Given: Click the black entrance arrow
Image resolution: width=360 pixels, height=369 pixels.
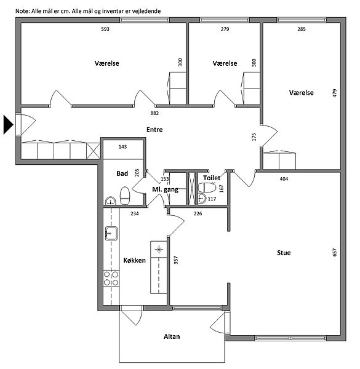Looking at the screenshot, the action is tap(8, 125).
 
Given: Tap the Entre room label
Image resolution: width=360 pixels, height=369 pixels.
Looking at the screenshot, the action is tap(154, 130).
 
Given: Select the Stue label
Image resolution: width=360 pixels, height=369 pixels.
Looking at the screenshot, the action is tap(284, 253).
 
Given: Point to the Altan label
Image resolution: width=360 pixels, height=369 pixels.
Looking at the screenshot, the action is tap(172, 336).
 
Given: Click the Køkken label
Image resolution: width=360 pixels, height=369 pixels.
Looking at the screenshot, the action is tap(134, 260).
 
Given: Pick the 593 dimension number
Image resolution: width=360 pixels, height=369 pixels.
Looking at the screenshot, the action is tap(105, 29).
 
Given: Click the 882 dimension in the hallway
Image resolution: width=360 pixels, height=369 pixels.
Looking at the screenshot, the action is tap(154, 113).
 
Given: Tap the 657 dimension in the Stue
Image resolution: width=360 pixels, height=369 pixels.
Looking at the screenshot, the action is tap(335, 252).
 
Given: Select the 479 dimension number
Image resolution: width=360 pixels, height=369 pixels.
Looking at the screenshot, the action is tap(335, 93).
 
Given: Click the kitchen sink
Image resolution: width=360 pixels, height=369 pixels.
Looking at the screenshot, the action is tap(111, 233).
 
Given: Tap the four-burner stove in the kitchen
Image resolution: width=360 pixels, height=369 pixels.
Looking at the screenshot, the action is tap(111, 279).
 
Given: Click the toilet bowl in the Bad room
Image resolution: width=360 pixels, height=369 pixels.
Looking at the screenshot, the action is tap(125, 196).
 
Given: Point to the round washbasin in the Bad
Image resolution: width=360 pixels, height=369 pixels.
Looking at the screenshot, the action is tap(110, 200).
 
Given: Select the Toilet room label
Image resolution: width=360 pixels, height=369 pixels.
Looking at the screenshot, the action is tap(212, 178).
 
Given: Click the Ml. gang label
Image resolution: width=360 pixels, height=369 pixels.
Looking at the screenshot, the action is tap(166, 189).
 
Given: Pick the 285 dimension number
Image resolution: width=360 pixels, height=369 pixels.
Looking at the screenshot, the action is tap(302, 29).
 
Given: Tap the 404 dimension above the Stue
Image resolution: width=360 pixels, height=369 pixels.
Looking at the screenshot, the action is tap(284, 179).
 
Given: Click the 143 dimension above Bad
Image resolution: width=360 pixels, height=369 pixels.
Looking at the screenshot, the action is tap(122, 147).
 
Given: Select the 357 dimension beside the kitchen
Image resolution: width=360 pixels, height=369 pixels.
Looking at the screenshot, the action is tap(176, 260).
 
